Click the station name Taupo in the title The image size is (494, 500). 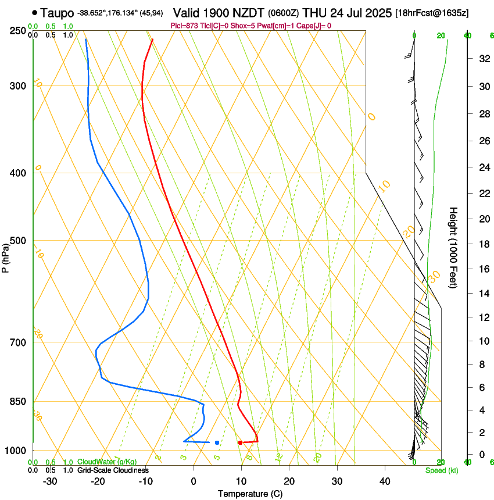click(x=58, y=12)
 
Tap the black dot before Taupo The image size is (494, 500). click(x=35, y=12)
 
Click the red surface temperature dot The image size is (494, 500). click(x=240, y=443)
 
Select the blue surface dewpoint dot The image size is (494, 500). click(x=217, y=443)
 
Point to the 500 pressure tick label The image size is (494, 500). click(x=19, y=241)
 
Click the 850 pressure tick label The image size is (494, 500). click(x=19, y=402)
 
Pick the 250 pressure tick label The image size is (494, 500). click(x=19, y=31)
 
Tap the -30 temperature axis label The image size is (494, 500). click(x=49, y=481)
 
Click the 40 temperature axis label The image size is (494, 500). click(x=384, y=481)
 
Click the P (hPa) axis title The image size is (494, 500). click(x=5, y=256)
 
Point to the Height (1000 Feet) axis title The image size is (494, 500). click(x=454, y=248)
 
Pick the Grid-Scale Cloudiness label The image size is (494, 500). click(x=113, y=470)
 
